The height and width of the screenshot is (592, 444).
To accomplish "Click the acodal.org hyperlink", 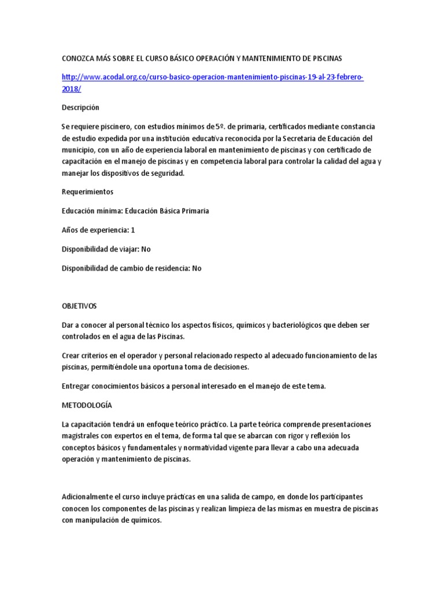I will (x=212, y=77).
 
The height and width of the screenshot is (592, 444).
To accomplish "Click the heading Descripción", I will (x=80, y=108).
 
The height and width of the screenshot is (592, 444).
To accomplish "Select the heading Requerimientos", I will (x=87, y=191).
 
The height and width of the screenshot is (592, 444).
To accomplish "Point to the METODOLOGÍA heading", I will (x=87, y=406).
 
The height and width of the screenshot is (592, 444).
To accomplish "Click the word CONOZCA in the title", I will (x=80, y=58).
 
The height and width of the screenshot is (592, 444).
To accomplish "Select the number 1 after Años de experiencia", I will (x=133, y=230).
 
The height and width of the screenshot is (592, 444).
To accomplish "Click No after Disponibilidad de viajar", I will (x=146, y=249).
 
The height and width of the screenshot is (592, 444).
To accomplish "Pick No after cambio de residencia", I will (x=197, y=268).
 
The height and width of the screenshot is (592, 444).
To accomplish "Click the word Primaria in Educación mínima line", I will (x=193, y=211).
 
